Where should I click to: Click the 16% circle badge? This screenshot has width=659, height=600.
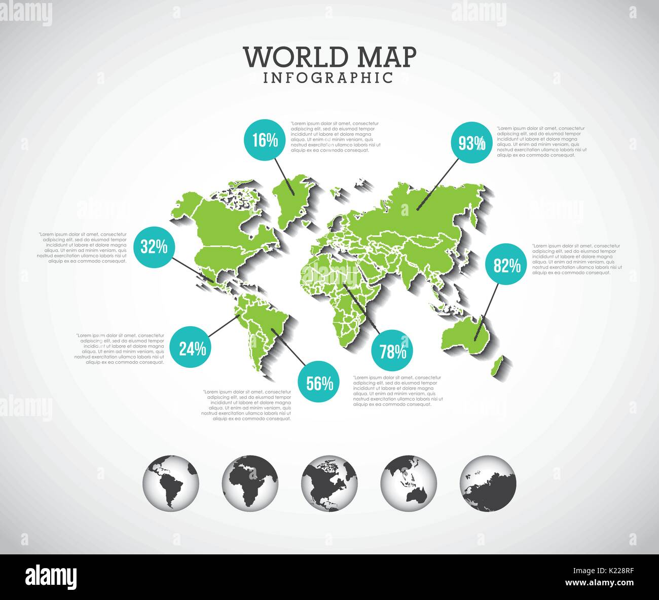[x=265, y=140]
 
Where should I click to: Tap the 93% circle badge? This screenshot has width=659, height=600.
[x=471, y=143]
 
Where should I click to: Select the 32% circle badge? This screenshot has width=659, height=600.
[x=154, y=247]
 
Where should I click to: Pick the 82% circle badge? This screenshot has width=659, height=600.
[x=506, y=265]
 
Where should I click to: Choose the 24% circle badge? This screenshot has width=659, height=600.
[x=191, y=348]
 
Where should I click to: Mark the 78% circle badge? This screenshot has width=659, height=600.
[x=392, y=351]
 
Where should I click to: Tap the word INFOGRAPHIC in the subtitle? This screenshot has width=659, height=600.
[x=328, y=78]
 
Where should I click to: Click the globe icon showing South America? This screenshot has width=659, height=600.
[x=171, y=482]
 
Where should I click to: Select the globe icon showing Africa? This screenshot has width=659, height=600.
[x=250, y=482]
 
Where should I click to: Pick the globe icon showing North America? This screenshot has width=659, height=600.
[x=329, y=482]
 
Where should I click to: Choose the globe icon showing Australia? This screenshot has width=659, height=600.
[x=409, y=482]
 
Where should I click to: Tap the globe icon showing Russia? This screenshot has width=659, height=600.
[x=488, y=482]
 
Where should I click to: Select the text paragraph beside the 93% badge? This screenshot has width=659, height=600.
[x=541, y=142]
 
